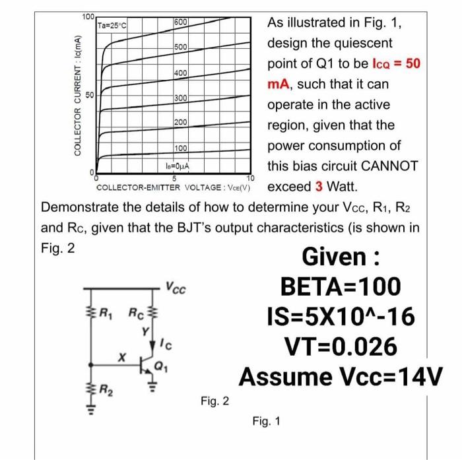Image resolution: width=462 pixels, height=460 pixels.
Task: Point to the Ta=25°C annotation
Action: pos(113,26)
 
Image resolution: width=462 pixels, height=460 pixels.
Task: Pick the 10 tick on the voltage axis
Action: pos(250,179)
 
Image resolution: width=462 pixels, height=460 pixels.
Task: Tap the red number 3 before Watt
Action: pos(319,185)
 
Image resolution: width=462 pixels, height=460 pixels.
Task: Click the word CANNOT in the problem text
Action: pos(387,166)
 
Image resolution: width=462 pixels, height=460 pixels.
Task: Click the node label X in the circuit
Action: pos(120,357)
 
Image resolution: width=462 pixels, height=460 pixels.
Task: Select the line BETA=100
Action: pos(341,286)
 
